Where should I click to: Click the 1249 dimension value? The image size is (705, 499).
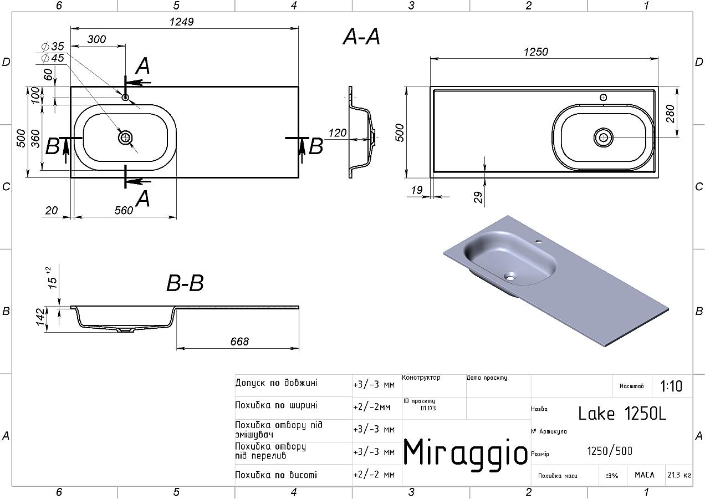tap(181, 22)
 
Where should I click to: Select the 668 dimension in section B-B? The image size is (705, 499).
tap(239, 342)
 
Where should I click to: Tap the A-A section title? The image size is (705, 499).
tap(361, 37)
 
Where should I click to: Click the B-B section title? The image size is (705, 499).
tap(185, 283)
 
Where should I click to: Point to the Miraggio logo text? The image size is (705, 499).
tap(466, 452)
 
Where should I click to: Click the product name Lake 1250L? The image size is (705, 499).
tap(622, 414)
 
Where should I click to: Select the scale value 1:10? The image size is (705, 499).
tap(671, 386)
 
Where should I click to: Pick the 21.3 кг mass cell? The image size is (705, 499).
tap(680, 475)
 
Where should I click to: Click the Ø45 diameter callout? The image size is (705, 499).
tap(53, 58)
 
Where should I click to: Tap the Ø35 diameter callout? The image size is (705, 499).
tap(53, 47)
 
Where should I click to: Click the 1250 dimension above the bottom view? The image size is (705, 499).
tap(536, 52)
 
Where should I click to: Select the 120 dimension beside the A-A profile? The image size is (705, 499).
tap(338, 133)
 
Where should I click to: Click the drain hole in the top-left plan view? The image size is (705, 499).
tap(125, 137)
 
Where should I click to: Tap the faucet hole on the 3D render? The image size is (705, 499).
tap(538, 242)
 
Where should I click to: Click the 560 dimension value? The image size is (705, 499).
tap(124, 210)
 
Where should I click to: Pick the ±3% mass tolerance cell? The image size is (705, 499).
tap(612, 475)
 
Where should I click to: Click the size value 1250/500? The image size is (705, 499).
tap(610, 451)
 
